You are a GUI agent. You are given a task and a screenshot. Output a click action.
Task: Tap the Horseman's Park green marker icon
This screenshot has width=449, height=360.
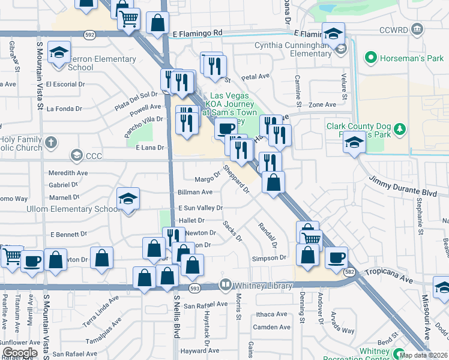(370, 58)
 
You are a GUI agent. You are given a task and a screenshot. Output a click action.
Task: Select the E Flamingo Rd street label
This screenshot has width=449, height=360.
(197, 33)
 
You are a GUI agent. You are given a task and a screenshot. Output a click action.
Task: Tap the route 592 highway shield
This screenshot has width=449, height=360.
(89, 35)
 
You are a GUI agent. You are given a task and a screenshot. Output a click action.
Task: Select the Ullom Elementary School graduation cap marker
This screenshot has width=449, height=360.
(128, 199)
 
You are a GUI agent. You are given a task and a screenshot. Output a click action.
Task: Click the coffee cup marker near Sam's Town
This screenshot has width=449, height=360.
(226, 128)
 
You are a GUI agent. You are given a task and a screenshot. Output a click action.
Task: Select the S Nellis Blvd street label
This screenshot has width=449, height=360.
(177, 325)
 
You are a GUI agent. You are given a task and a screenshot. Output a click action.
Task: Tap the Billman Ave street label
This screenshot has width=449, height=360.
(195, 192)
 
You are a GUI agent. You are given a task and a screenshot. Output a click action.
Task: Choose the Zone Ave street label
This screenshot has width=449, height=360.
(322, 104)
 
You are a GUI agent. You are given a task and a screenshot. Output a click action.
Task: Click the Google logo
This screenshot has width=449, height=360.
(20, 352)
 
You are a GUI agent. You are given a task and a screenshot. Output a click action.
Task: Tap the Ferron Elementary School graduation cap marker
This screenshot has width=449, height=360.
(59, 53)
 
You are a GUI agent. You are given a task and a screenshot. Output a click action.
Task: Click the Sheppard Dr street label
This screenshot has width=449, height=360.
(236, 179)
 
